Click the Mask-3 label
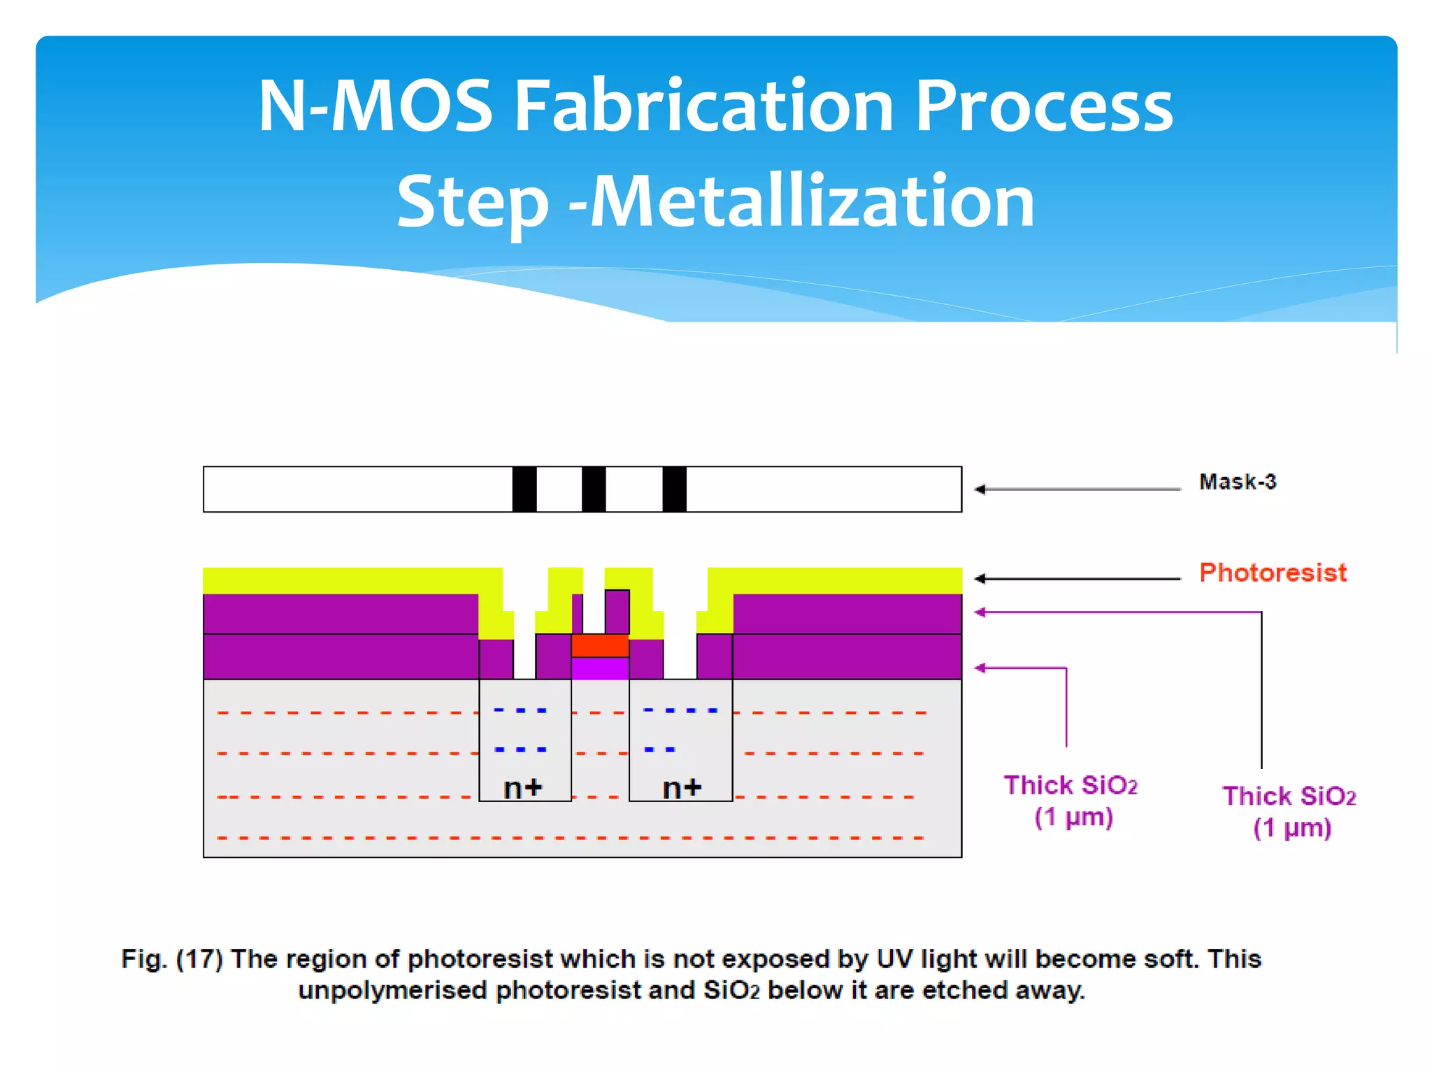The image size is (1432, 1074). click(x=1237, y=482)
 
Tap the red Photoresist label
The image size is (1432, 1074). click(x=1273, y=573)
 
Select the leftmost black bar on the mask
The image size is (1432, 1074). click(x=524, y=489)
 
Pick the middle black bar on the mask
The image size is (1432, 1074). click(x=594, y=489)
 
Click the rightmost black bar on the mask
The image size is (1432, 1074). click(x=675, y=489)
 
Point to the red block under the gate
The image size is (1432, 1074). click(x=600, y=645)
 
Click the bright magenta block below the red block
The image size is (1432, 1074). click(x=600, y=668)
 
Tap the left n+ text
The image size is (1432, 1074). click(x=523, y=788)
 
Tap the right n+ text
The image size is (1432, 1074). click(x=682, y=788)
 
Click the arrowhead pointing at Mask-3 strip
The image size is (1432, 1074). click(x=980, y=489)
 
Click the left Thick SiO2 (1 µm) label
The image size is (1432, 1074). click(x=1071, y=801)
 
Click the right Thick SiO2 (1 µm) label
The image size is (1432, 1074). click(x=1289, y=812)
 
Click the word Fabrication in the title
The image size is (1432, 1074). click(x=704, y=106)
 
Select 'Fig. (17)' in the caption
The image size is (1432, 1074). click(x=172, y=959)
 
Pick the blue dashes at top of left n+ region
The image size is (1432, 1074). click(x=520, y=710)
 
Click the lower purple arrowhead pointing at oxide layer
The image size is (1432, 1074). click(x=980, y=668)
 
